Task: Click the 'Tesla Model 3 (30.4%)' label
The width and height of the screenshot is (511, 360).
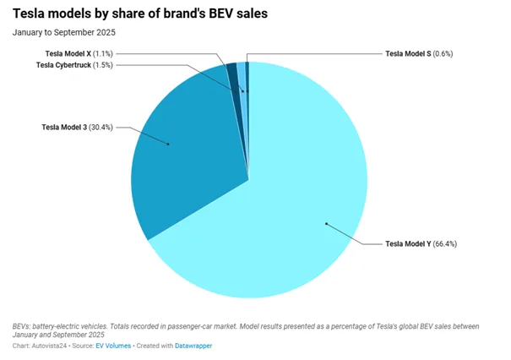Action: click(x=77, y=127)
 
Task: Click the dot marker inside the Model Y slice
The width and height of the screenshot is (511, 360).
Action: click(x=326, y=224)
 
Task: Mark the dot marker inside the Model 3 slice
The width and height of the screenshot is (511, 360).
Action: click(x=169, y=144)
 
